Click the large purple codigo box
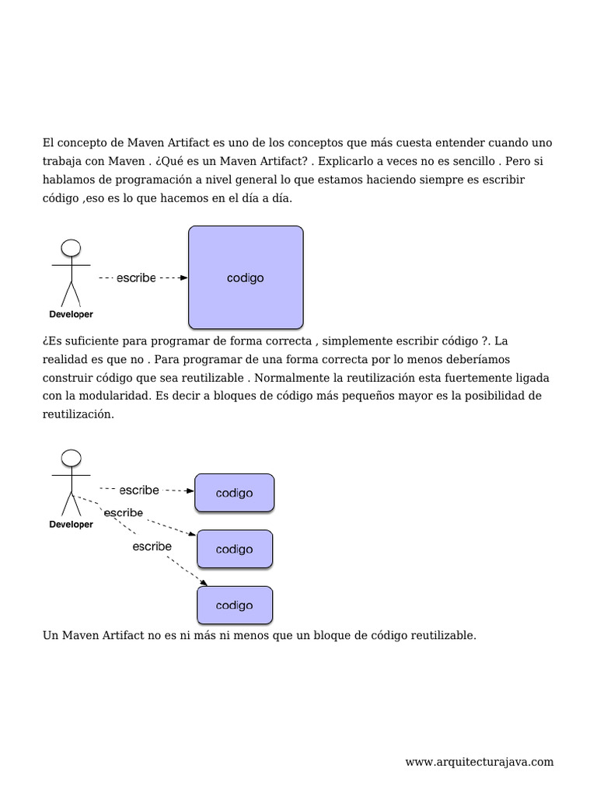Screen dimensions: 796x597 click(246, 278)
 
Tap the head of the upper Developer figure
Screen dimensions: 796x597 click(72, 248)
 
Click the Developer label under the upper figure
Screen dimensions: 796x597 click(71, 315)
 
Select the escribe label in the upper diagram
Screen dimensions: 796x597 click(136, 278)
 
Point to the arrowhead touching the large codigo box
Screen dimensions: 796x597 click(183, 278)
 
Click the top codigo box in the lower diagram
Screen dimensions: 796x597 click(234, 493)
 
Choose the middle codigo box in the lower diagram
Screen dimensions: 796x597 click(234, 549)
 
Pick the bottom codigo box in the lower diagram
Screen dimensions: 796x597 click(234, 606)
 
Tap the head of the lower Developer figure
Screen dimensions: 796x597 click(72, 458)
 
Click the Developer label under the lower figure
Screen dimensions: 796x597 click(71, 525)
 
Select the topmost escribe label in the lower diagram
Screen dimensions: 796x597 click(139, 490)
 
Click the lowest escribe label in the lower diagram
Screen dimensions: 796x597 click(152, 546)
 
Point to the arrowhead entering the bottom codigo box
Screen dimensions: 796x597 click(204, 583)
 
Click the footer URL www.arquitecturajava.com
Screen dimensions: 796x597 click(480, 762)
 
